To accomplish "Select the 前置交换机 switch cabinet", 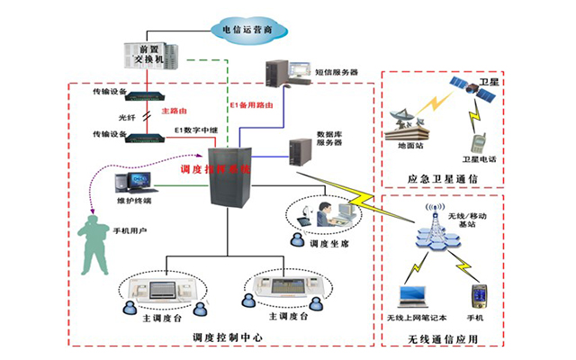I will (143, 59).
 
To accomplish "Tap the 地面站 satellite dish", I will (406, 121).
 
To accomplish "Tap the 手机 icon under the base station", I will (478, 296).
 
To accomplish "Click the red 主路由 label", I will (174, 112).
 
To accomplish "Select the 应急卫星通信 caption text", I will (441, 177).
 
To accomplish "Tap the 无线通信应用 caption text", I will (441, 338).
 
